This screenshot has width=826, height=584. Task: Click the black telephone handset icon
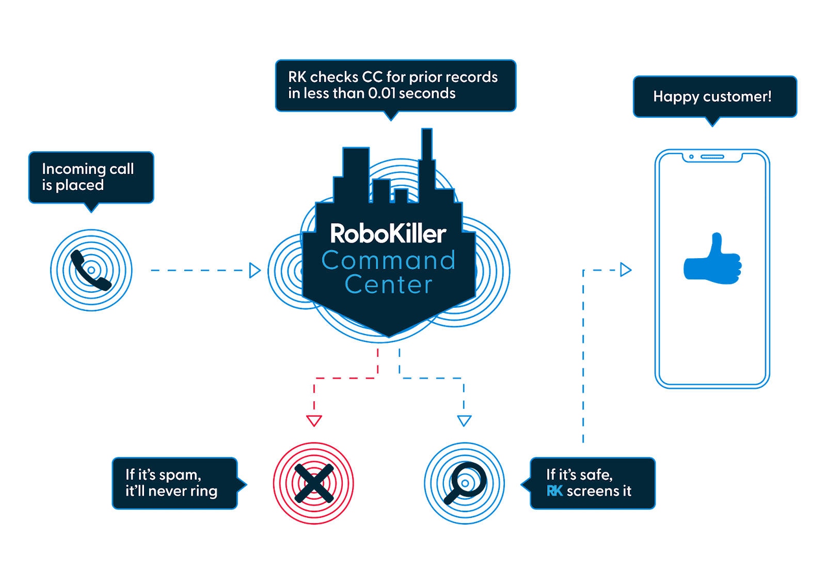(x=91, y=270)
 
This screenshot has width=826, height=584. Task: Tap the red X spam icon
(x=313, y=483)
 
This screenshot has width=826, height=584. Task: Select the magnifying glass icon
(x=464, y=484)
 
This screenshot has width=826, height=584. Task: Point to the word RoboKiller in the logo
(x=388, y=234)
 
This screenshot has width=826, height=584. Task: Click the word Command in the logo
(x=388, y=260)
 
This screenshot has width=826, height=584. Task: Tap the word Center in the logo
(x=388, y=285)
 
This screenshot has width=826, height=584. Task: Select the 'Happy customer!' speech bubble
(x=714, y=97)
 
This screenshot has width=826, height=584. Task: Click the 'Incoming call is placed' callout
(x=91, y=177)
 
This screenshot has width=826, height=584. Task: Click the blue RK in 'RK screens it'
(x=554, y=491)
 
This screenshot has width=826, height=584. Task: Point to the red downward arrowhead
(x=314, y=420)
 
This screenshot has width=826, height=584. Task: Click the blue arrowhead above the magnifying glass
(x=464, y=420)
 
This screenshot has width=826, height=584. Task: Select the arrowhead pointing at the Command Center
(x=255, y=270)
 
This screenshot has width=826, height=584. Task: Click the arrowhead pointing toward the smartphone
(x=626, y=270)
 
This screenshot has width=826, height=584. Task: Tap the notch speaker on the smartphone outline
(x=712, y=156)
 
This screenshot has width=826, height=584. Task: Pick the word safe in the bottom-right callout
(x=595, y=475)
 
